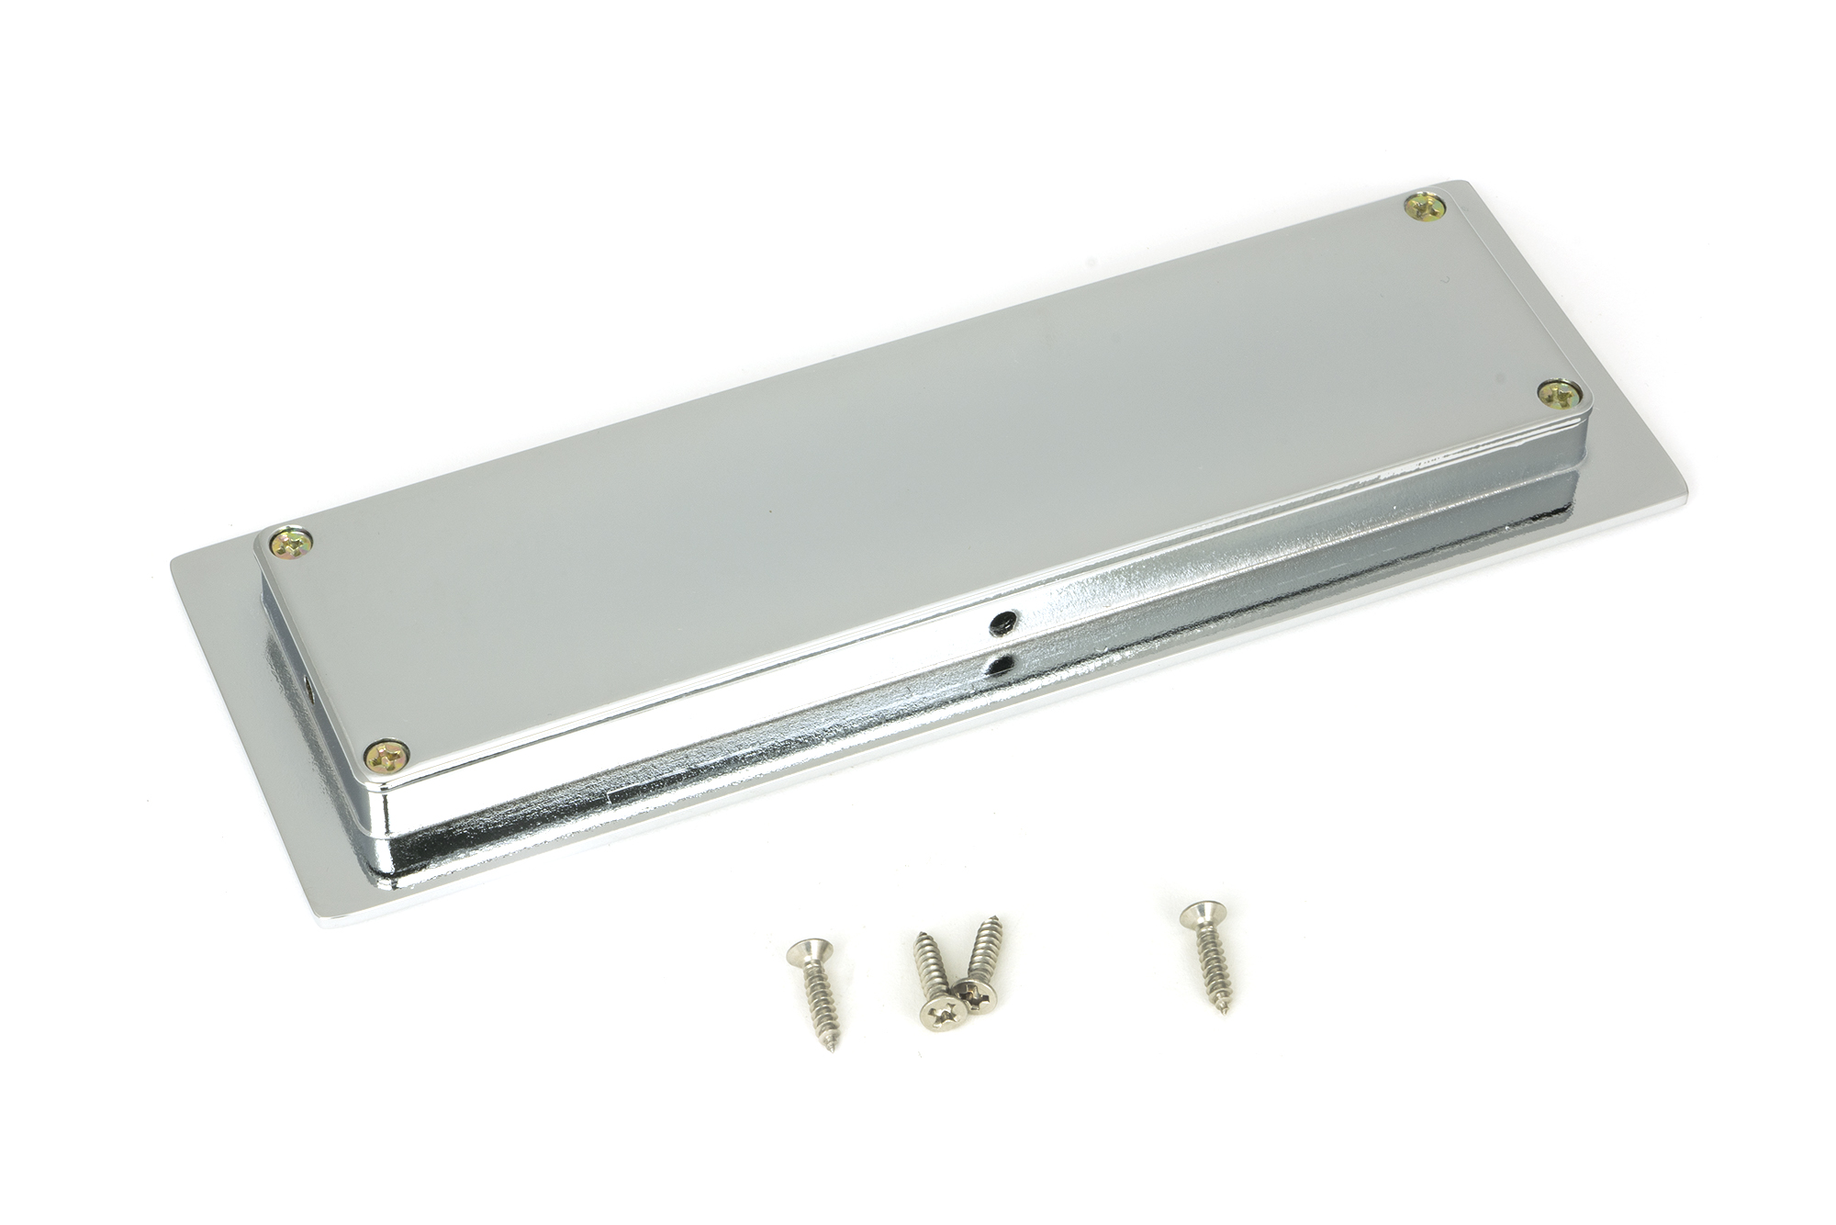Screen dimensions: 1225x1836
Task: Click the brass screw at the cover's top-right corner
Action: click(x=1424, y=208)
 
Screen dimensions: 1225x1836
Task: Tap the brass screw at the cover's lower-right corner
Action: click(x=1559, y=395)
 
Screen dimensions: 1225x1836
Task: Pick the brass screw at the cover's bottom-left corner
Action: click(x=386, y=757)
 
